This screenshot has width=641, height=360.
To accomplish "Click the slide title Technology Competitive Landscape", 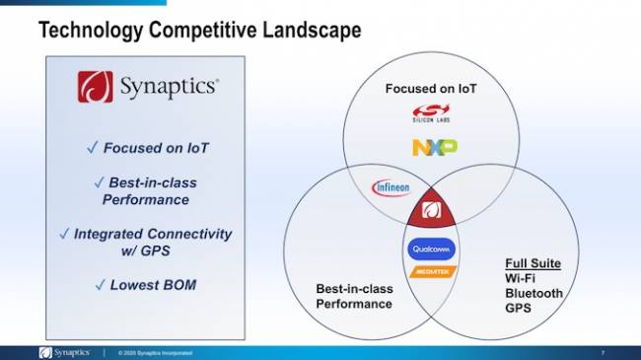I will point(199,31).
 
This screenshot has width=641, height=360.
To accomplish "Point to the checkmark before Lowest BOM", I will point(99,285).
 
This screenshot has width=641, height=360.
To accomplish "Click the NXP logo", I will point(434,147).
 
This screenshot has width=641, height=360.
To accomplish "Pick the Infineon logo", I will point(391,186).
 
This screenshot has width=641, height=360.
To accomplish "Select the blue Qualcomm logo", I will point(432,249).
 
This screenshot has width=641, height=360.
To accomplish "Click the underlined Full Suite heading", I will point(534,263).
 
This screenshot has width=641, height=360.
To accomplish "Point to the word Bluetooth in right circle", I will point(534,293).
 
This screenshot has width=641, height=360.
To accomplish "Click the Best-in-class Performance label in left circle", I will point(354,296).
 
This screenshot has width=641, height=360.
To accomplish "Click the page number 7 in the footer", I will point(603,352).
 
